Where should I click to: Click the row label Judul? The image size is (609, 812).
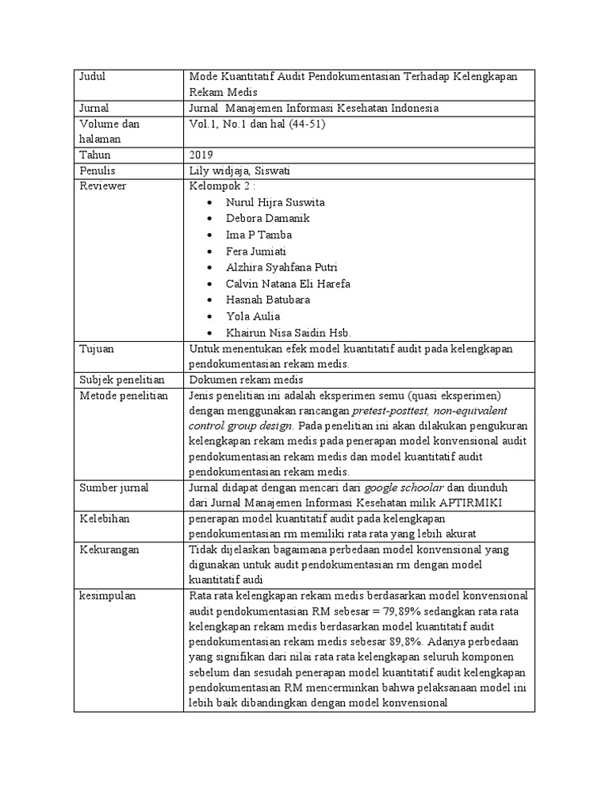93,77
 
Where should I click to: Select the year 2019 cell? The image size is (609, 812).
202,155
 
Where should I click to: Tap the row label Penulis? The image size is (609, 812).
98,170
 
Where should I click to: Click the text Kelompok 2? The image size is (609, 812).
221,186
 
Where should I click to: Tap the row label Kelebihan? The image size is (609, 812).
104,518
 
